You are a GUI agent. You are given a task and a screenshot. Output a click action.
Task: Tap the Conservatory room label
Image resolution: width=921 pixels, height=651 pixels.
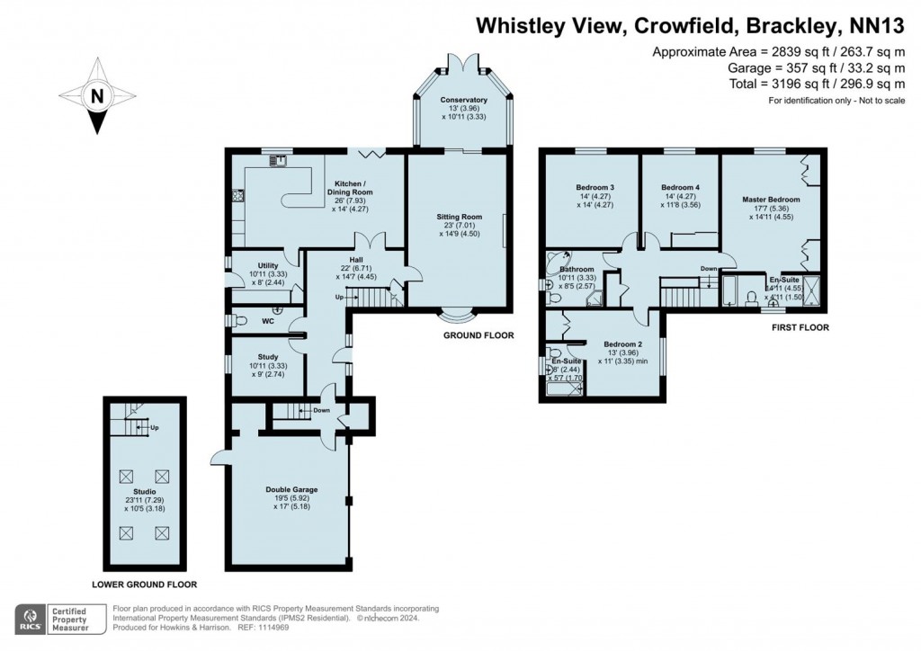(x=463, y=100)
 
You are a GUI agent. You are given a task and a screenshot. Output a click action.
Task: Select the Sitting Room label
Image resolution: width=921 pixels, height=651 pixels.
(x=460, y=217)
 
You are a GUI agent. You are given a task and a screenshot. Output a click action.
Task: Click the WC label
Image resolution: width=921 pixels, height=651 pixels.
(x=267, y=321)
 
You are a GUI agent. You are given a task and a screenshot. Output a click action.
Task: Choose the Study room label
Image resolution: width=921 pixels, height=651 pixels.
(x=242, y=357)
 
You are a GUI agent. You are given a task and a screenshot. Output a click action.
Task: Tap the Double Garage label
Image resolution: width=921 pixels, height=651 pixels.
(x=291, y=489)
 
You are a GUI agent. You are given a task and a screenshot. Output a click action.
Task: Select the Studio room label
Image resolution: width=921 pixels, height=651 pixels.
(x=145, y=492)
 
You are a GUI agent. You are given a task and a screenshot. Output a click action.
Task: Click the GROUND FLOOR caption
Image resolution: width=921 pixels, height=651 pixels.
(x=478, y=335)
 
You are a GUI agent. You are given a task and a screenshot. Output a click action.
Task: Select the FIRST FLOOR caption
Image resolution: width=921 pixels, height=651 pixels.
(x=800, y=327)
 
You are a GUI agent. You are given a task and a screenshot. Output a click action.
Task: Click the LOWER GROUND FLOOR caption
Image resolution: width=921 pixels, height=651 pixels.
(x=144, y=584)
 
